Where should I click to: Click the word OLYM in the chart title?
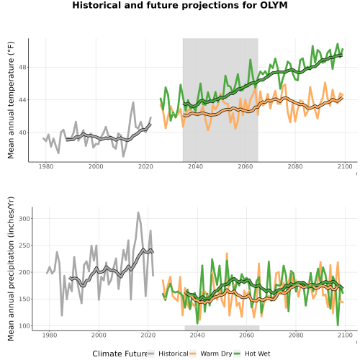274,5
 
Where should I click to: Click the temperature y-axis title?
11,100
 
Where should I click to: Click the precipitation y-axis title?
11,269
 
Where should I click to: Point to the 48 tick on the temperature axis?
23,67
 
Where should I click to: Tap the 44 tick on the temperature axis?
23,100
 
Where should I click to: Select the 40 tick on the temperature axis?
23,132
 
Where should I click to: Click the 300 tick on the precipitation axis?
24,219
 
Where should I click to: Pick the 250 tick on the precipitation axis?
24,246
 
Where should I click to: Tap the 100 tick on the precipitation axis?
24,326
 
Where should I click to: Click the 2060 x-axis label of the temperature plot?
246,166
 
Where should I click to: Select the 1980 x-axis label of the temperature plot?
46,166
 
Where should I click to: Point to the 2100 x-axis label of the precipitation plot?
345,335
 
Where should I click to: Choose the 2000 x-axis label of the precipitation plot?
99,335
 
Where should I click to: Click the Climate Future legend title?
120,354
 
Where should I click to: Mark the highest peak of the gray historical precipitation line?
138,212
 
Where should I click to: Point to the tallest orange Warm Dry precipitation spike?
227,253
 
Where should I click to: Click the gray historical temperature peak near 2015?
133,102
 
